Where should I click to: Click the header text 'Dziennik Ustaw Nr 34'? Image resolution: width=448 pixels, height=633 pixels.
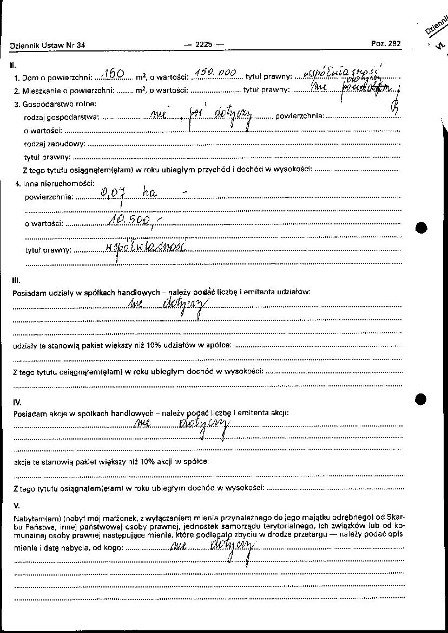[48, 46]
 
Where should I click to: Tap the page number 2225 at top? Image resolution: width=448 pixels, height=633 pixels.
[203, 45]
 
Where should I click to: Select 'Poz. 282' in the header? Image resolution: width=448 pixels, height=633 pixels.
[386, 44]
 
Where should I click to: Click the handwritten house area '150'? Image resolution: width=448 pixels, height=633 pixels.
[114, 74]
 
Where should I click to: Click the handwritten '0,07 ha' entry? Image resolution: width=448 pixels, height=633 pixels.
[129, 193]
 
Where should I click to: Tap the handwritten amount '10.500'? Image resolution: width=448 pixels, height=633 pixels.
[130, 219]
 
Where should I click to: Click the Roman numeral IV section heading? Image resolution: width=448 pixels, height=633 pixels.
[17, 402]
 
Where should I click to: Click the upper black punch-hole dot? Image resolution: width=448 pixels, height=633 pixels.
[421, 227]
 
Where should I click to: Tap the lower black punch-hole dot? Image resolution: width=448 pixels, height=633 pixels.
[421, 399]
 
